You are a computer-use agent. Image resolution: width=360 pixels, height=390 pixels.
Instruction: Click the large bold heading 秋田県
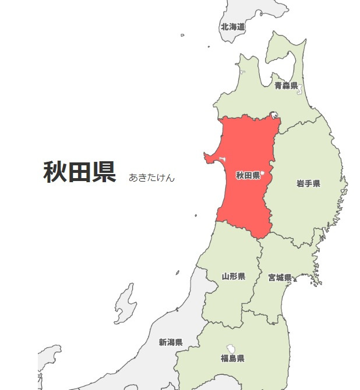[x=80, y=172]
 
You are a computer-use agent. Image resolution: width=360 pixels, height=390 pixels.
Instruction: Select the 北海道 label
[x=232, y=27]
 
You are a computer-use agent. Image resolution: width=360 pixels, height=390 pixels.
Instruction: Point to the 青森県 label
[x=286, y=86]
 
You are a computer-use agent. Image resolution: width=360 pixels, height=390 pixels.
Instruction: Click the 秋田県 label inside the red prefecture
[x=248, y=175]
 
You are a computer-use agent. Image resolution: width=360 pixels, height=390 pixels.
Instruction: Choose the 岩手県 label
[x=308, y=184]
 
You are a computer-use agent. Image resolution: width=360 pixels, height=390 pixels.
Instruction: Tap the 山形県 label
[x=234, y=276]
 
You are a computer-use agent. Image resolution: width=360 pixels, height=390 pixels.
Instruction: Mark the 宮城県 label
[x=280, y=278]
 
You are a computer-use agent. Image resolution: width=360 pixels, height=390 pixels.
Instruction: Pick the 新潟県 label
[x=171, y=342]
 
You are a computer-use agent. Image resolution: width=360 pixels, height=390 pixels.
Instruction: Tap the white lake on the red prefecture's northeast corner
[x=274, y=115]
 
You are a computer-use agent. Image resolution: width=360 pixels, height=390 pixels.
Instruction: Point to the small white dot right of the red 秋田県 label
[x=263, y=173]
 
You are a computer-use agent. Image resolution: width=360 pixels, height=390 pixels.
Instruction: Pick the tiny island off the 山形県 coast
[x=178, y=272]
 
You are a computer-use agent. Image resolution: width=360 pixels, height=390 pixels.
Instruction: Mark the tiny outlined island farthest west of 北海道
[x=182, y=36]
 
